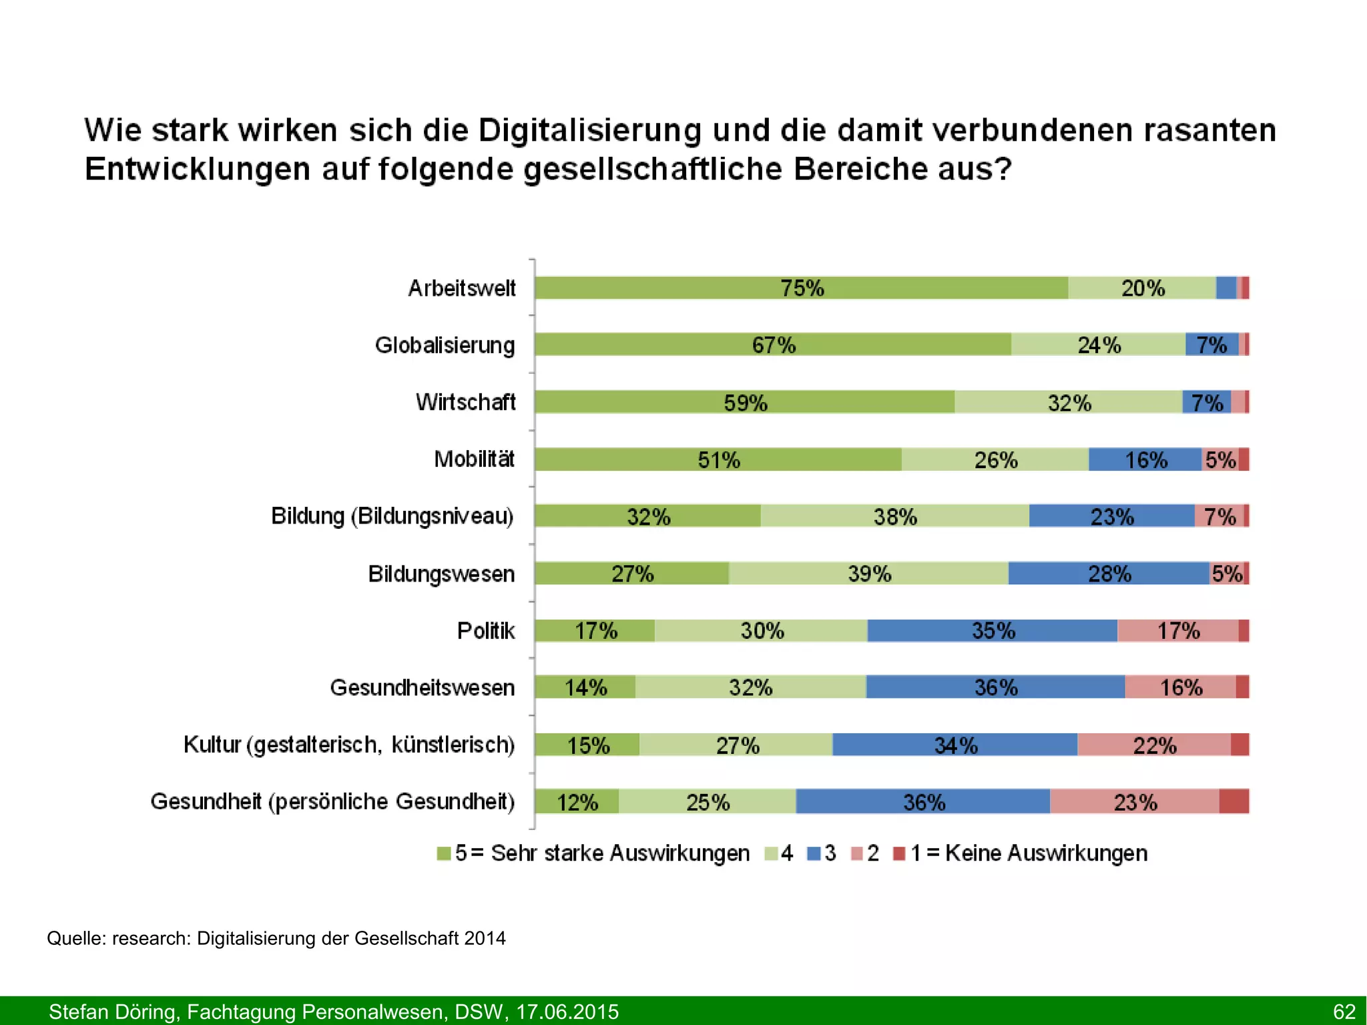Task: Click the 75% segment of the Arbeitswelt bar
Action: [801, 288]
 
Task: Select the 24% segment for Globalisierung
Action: [1098, 345]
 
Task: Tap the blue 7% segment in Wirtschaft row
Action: [1206, 402]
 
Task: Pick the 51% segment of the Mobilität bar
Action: [718, 459]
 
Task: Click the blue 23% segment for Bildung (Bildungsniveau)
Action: [1111, 516]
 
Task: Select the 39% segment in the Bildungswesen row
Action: [868, 574]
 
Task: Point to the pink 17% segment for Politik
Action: [1177, 630]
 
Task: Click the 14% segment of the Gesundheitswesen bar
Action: [585, 687]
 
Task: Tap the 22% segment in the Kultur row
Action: [1154, 745]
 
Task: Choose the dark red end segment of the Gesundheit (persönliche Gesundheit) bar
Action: [1234, 801]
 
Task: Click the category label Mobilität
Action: [474, 459]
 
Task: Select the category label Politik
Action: [486, 630]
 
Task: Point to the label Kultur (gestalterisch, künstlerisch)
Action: [349, 745]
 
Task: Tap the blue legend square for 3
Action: [814, 853]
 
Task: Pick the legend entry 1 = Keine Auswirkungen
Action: [1028, 853]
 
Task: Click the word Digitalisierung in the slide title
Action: [589, 130]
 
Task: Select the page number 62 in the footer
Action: [1344, 1012]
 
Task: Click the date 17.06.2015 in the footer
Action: [567, 1012]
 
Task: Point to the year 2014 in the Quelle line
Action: [485, 938]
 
